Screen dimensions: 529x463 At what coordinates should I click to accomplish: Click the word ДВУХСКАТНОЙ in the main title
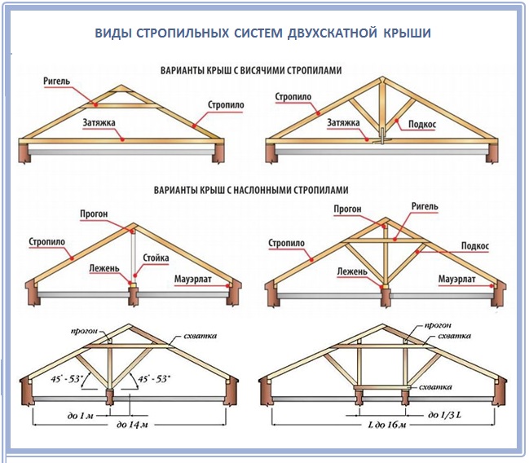coord(333,33)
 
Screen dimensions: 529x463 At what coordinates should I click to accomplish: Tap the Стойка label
coord(156,258)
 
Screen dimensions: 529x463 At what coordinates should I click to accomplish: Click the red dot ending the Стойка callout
coord(135,275)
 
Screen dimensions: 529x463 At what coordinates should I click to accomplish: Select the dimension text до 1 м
coord(80,416)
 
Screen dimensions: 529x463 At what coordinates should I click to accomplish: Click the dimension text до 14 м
coord(132,424)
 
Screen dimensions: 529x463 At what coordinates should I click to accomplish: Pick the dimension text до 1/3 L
coord(444,415)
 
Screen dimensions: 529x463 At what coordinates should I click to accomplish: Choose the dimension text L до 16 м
coord(387,424)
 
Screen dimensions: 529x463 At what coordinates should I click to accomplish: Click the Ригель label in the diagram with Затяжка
coord(57,81)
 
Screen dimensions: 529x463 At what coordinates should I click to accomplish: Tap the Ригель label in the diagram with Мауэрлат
coord(425,206)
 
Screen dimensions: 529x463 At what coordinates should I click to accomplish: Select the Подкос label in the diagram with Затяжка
coord(422,124)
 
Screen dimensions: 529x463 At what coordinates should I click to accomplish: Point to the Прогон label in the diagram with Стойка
coord(94,214)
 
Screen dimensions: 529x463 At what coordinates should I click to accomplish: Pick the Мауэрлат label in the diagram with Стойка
coord(193,280)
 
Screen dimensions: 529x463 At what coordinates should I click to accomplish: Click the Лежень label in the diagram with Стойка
coord(104,268)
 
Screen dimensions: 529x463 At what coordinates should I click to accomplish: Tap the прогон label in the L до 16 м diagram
coord(438,326)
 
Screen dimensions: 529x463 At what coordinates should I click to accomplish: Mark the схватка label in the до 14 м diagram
coord(200,336)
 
